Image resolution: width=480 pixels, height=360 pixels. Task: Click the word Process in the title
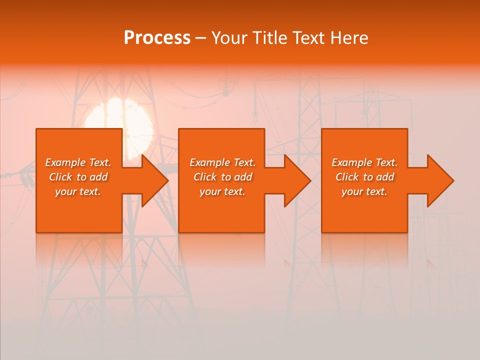coord(157,38)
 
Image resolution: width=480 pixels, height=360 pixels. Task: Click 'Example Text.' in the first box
coord(78,162)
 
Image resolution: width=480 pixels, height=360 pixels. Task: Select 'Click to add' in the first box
coord(78,177)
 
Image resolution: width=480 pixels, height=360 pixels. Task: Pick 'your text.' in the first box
coord(78,191)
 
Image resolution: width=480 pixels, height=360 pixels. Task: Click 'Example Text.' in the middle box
coord(222,162)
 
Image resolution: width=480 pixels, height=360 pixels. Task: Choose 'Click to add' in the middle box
coord(222,177)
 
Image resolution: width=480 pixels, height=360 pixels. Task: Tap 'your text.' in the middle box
coord(222,191)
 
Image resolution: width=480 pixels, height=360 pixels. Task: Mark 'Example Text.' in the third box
coord(364,162)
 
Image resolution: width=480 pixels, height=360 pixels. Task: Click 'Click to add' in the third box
coord(364,177)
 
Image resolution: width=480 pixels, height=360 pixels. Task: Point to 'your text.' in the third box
coord(364,191)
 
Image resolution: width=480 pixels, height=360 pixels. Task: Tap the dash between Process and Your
coord(201,38)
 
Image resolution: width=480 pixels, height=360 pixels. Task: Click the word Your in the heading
coord(229,38)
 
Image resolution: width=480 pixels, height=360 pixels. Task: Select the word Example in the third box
coord(352,162)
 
